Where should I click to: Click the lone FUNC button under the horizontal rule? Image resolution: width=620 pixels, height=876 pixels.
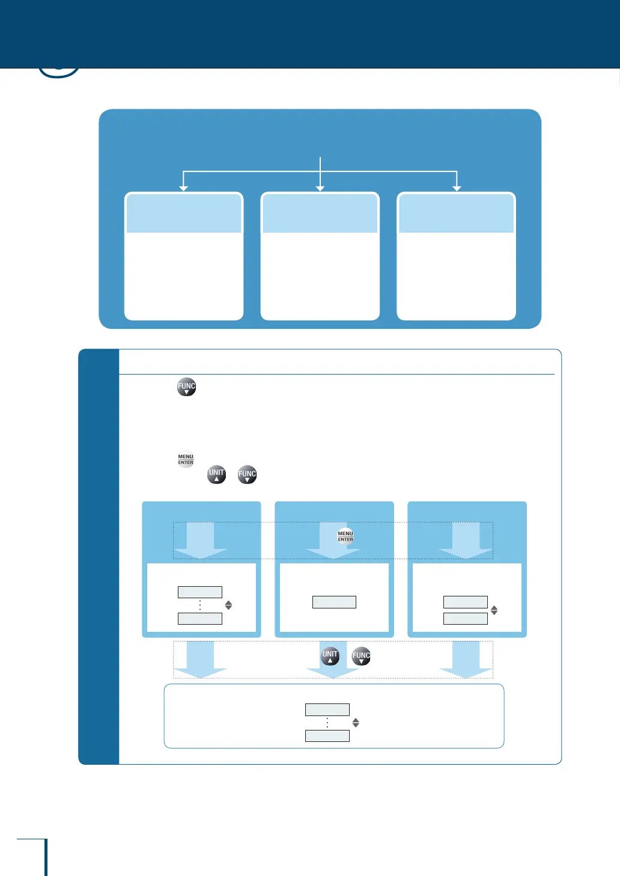tap(186, 387)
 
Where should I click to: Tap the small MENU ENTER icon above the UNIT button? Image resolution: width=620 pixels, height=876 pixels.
tap(186, 459)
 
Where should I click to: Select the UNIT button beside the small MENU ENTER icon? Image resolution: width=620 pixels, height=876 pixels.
tap(216, 474)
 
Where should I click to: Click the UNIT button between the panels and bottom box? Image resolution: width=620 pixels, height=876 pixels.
tap(330, 656)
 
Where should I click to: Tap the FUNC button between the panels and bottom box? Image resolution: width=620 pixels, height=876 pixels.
tap(361, 656)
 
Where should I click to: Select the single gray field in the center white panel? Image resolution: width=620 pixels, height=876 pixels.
tap(334, 602)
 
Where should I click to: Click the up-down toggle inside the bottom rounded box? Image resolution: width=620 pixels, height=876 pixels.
tap(356, 723)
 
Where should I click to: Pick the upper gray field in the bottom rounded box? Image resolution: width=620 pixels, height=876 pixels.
tap(327, 709)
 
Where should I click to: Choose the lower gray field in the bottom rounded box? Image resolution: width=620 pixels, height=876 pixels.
tap(327, 736)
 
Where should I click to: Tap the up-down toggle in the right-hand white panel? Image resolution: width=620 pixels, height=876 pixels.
tap(494, 610)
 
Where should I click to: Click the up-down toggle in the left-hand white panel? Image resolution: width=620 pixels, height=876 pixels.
tap(228, 605)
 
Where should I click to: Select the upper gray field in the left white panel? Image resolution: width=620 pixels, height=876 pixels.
tap(200, 592)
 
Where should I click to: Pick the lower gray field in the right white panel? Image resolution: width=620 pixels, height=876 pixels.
tap(466, 619)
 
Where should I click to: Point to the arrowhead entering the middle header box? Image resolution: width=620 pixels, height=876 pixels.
tap(320, 188)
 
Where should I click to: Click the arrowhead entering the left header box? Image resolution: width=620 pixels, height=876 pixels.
tap(184, 188)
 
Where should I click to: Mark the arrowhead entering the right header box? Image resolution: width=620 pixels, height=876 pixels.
tap(457, 188)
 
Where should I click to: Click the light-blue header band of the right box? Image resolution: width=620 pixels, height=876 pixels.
tap(457, 213)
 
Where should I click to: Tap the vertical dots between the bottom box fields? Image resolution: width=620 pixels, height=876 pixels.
tap(327, 723)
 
